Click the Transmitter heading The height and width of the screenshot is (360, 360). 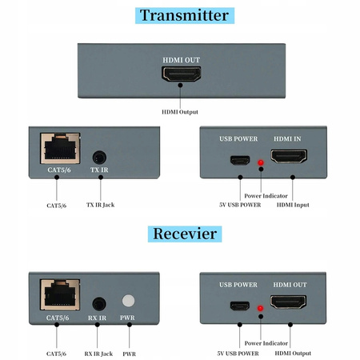(x=183, y=15)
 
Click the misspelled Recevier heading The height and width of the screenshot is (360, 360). (x=183, y=234)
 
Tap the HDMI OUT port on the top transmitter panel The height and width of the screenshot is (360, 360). (x=182, y=74)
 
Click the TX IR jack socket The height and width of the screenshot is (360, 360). (x=100, y=158)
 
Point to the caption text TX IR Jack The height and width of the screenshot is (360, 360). (x=100, y=205)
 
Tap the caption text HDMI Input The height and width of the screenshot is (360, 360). (x=293, y=205)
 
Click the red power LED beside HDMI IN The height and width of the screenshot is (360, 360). (x=260, y=163)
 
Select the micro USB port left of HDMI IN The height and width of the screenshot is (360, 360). (x=239, y=159)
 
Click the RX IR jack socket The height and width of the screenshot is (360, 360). (x=100, y=304)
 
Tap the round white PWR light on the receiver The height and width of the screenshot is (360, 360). (x=128, y=303)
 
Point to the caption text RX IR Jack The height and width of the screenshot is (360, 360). (x=99, y=353)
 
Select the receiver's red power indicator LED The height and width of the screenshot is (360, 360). (x=260, y=310)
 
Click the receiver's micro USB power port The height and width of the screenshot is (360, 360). (x=239, y=306)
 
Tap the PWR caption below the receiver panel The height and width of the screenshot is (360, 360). (x=129, y=353)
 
